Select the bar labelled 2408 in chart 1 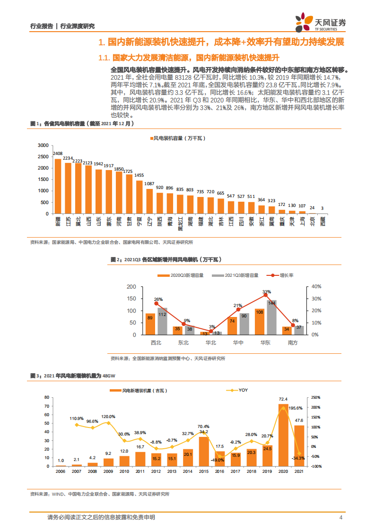[58, 186]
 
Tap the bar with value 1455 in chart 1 [140, 197]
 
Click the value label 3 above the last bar [322, 208]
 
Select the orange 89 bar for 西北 [150, 324]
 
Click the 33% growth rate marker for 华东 [266, 295]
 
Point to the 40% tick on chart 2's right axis [316, 286]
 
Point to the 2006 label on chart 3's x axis [61, 471]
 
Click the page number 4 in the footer [341, 517]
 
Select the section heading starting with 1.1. [187, 58]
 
